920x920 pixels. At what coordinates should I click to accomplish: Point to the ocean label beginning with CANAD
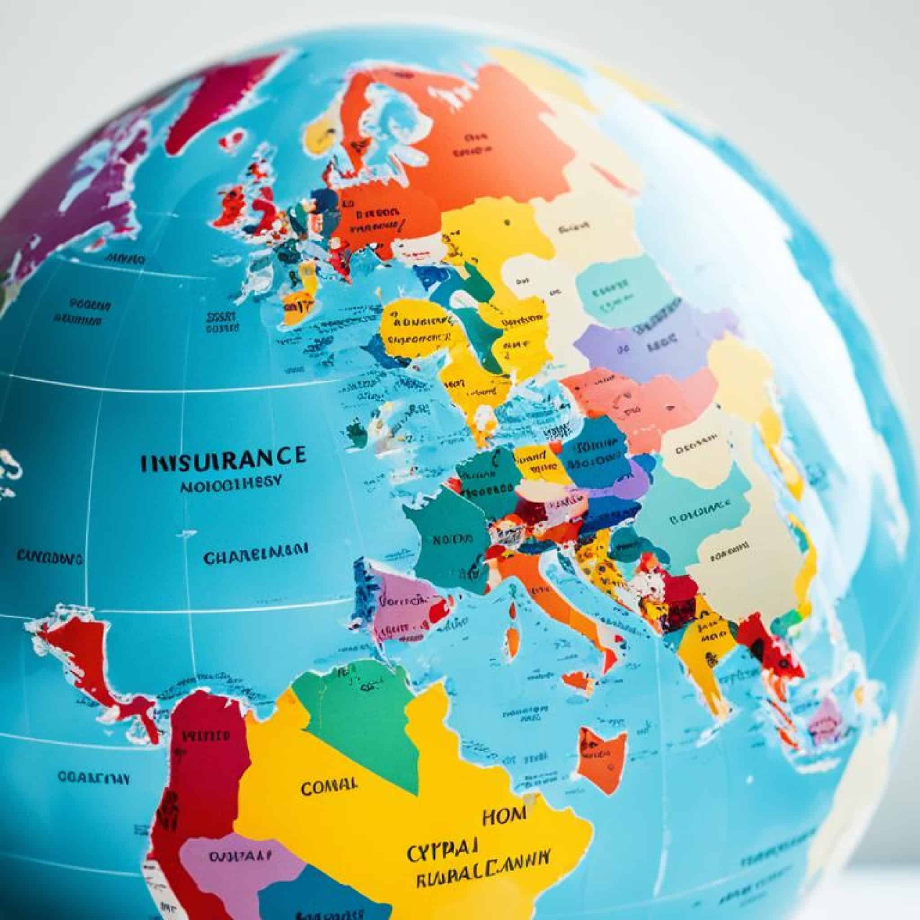[x=49, y=556]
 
